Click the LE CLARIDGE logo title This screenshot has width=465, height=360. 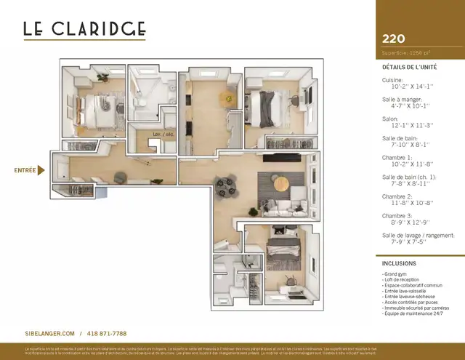click(84, 29)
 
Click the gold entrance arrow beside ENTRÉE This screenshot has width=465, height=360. click(41, 171)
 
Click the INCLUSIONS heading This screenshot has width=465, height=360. click(399, 263)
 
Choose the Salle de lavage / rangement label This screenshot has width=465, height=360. click(418, 235)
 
